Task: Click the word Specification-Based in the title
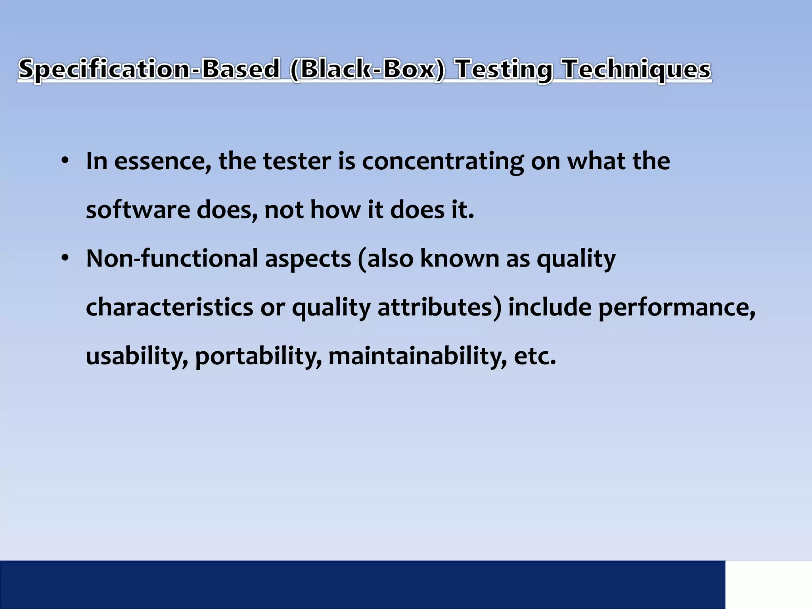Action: click(149, 69)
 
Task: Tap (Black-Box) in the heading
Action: click(368, 69)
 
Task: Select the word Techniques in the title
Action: click(637, 69)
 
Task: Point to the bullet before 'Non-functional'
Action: click(65, 259)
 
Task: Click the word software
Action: click(138, 210)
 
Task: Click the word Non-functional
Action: click(172, 259)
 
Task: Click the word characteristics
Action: click(169, 307)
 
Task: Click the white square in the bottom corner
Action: click(768, 584)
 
